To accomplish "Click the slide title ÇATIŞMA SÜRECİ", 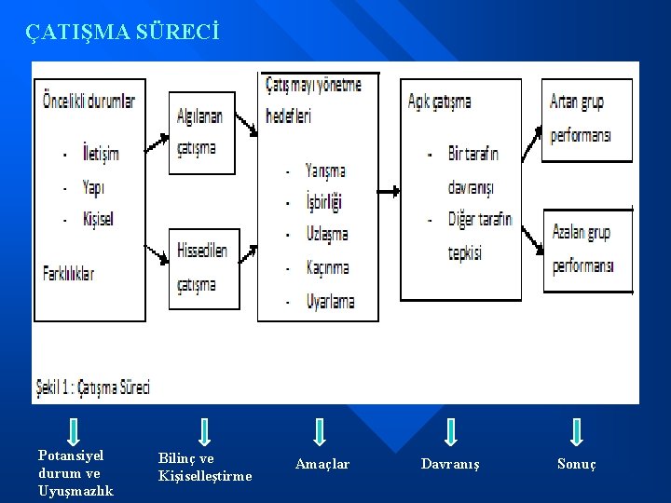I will coord(123,34).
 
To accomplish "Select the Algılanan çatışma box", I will coord(201,132).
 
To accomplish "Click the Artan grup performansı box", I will coord(586,119).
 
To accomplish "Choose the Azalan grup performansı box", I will coord(586,249).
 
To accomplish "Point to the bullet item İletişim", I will coord(101,154).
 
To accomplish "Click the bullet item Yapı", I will coord(93,187).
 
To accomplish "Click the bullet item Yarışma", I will coord(325,171).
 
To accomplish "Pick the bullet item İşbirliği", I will coord(324,202).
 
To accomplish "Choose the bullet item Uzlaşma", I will coord(326,234).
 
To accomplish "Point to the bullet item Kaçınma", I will coord(327,267).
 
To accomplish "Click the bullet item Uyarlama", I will coord(330,301).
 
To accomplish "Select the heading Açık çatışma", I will coord(440,102).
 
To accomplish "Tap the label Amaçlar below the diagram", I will coord(322,464).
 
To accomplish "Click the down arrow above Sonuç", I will coord(577,431).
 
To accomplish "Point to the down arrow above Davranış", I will coord(450,431).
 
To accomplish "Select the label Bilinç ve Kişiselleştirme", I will coord(205,468).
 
